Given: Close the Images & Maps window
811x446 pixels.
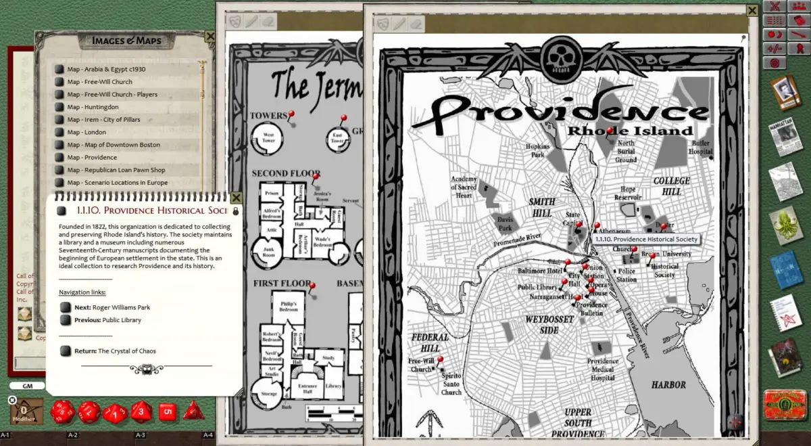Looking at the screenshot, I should tap(210, 37).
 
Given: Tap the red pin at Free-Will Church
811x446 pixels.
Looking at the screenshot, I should tap(440, 360).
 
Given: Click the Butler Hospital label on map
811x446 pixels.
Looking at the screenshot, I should tap(700, 148).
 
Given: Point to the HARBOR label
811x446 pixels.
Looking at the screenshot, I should tap(668, 385).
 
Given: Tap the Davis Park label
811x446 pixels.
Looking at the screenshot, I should tap(504, 224).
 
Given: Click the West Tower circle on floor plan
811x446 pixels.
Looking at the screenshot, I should tap(268, 139).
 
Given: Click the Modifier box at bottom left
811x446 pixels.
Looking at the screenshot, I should tap(26, 411).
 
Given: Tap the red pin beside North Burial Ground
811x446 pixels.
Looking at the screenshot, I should tap(610, 131).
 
